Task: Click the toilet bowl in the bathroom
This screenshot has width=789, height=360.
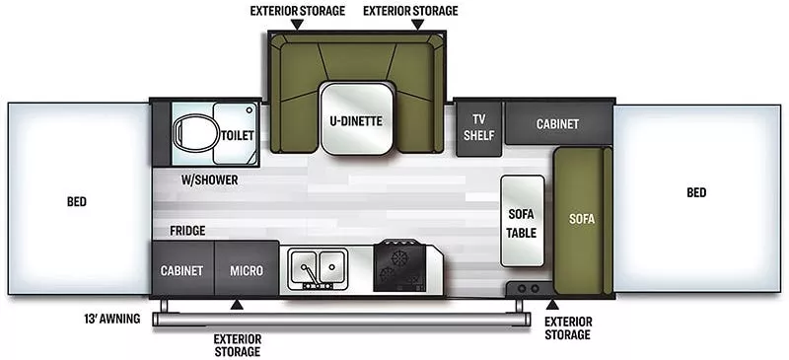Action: [194, 133]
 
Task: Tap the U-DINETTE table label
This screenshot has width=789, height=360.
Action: [356, 121]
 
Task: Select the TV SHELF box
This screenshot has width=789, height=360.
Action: [478, 128]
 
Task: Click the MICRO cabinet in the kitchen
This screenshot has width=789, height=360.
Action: [247, 268]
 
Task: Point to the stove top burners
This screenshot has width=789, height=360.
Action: [401, 266]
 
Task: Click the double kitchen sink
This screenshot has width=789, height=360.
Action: [317, 268]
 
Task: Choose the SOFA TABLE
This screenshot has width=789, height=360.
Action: [522, 221]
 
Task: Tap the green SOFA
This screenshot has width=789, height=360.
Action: [583, 221]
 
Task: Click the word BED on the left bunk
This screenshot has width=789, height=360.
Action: [77, 202]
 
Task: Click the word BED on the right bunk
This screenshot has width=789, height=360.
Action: [696, 192]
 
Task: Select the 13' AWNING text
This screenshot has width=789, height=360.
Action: [112, 319]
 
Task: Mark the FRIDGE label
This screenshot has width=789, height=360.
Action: [187, 231]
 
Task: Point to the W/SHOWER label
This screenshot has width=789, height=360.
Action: [209, 180]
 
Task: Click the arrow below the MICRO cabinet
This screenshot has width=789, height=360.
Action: [237, 304]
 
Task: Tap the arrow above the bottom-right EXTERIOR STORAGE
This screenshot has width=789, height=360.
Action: [552, 305]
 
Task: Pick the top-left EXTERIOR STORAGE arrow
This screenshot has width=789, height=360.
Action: [298, 25]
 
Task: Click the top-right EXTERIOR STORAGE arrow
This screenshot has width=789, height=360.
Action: [417, 25]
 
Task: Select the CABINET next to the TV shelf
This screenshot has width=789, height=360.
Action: [558, 123]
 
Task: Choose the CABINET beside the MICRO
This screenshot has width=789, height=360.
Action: [182, 268]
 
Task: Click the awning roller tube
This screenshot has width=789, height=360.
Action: [341, 320]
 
